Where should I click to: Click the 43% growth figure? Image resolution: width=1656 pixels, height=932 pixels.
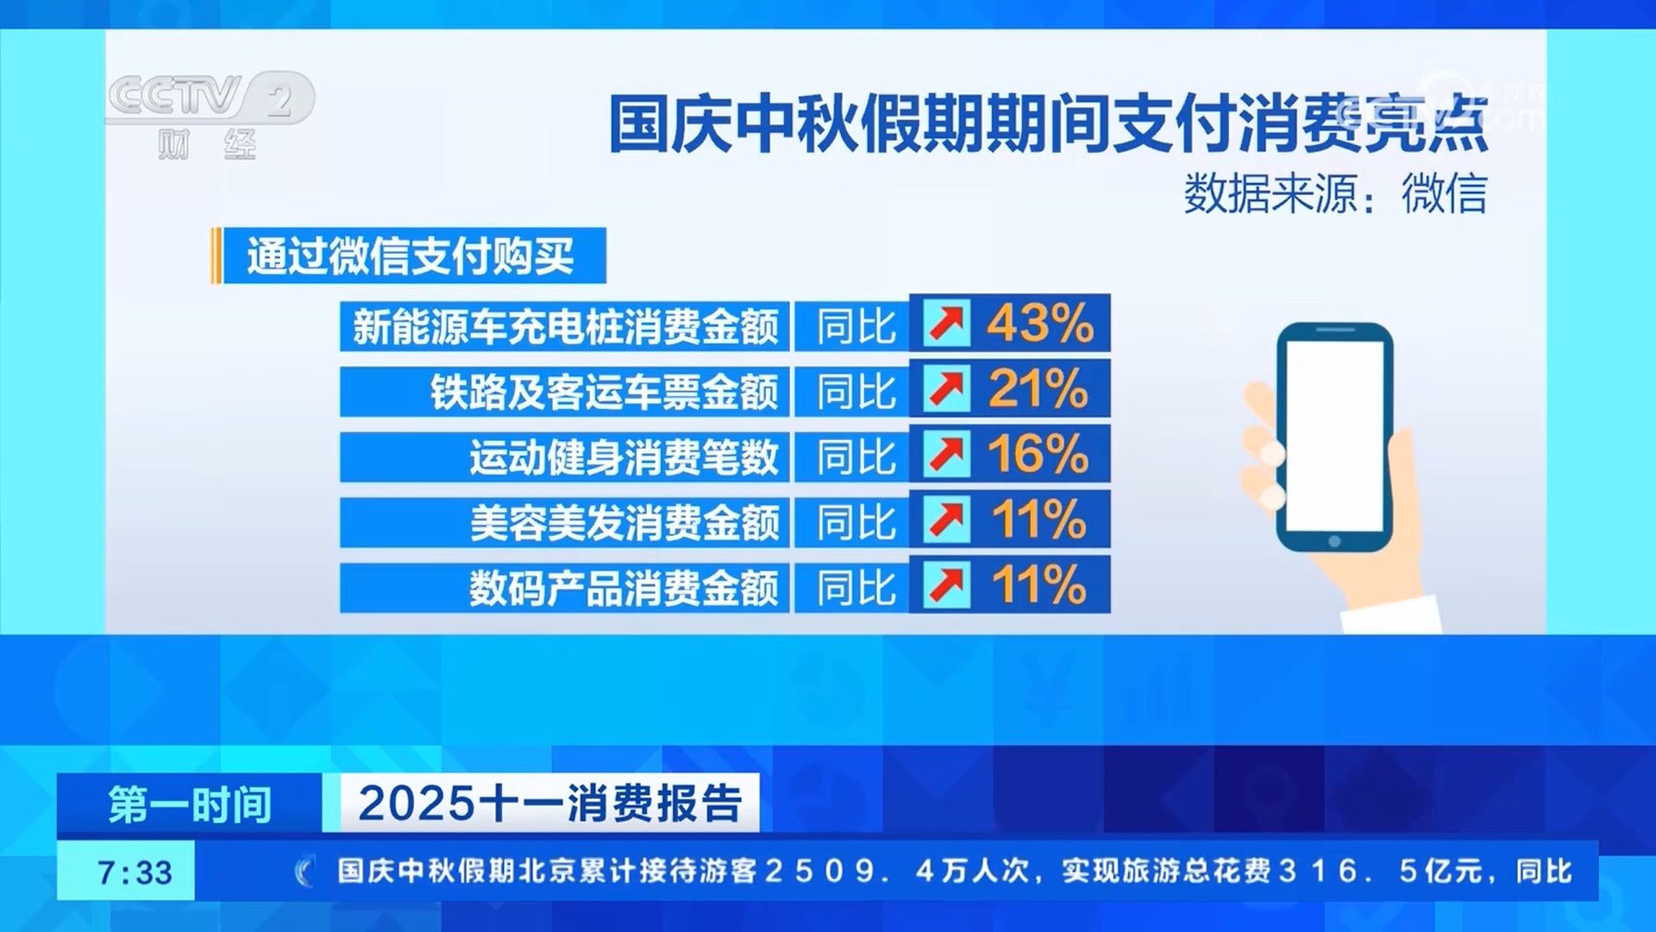click(1039, 324)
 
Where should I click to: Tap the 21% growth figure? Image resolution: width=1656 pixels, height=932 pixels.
click(1038, 389)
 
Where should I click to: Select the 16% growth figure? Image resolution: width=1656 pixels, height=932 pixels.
click(1038, 454)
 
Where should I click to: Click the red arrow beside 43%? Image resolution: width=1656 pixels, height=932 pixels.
click(947, 324)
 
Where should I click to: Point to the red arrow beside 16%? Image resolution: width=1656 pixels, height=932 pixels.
click(947, 454)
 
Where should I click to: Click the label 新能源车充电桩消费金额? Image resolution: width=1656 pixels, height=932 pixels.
click(565, 326)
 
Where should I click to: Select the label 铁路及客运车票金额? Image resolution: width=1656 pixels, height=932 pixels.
click(604, 392)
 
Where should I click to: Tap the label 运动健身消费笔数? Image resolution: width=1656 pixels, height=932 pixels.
click(624, 457)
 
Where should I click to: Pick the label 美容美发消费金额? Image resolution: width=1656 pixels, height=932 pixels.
click(624, 523)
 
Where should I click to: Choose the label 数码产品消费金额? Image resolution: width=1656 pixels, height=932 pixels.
click(624, 589)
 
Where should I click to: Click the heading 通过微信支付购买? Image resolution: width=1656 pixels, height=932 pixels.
click(410, 256)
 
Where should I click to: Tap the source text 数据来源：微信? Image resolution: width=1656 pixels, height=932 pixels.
click(1334, 193)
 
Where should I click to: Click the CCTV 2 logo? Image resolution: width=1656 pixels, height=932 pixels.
click(210, 112)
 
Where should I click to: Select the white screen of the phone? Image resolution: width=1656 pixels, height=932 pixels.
click(1334, 436)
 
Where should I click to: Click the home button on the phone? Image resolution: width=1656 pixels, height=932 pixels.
click(1334, 542)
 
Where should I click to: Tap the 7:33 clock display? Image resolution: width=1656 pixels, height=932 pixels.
click(134, 872)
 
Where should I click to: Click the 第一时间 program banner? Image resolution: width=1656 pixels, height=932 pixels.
click(190, 804)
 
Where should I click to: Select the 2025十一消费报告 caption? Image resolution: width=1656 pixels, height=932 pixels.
click(549, 804)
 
